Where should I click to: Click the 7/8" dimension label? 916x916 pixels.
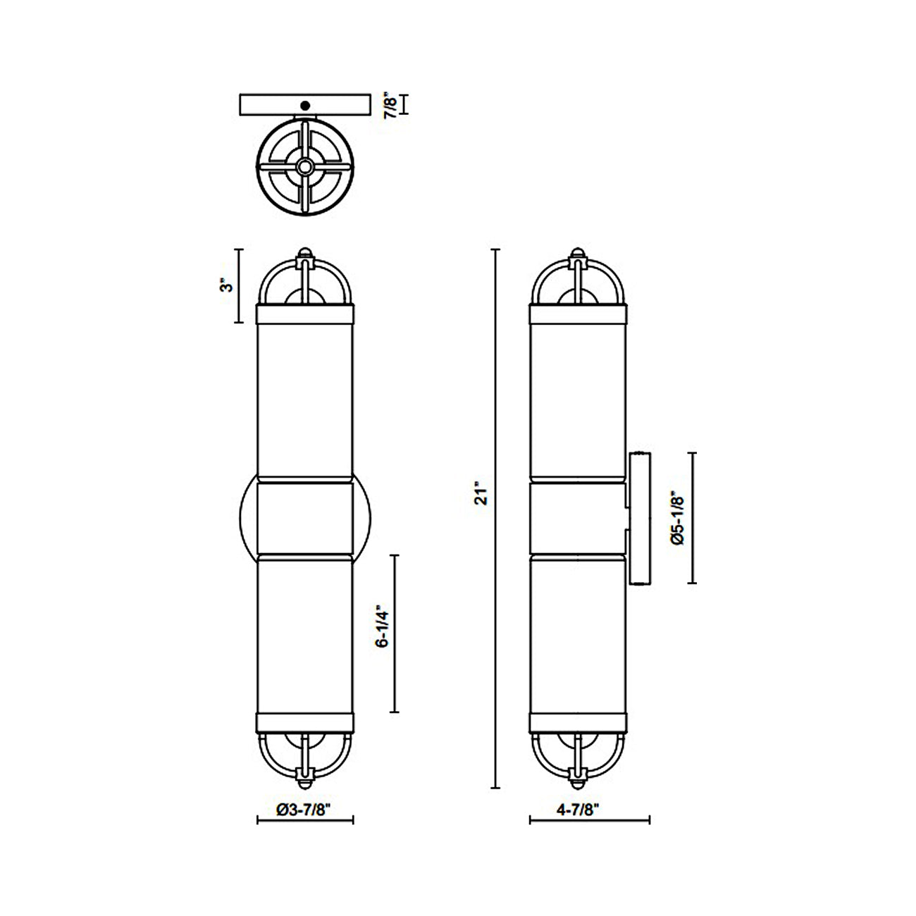390,104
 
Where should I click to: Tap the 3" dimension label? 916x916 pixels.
225,285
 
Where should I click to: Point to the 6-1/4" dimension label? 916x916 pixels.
381,624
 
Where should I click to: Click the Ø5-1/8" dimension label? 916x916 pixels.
678,518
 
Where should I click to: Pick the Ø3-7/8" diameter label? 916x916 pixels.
304,810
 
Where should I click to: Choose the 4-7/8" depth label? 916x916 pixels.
577,810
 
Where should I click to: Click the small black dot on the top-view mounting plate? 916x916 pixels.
304,106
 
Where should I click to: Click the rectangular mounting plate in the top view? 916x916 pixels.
338,104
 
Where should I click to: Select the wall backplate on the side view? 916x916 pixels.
640,518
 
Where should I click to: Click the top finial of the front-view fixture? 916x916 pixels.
304,252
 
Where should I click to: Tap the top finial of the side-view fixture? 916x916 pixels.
576,252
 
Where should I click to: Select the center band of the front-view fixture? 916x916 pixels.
304,518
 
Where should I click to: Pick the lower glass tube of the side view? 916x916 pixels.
576,634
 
